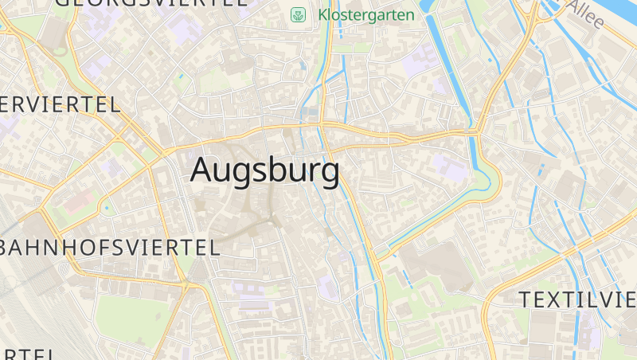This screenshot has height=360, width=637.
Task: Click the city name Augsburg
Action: [265, 170]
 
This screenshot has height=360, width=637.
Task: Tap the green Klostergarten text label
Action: [366, 14]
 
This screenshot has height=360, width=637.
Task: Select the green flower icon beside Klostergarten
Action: [299, 14]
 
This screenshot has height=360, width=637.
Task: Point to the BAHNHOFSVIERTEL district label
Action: [110, 247]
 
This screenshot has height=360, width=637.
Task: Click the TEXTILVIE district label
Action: [577, 299]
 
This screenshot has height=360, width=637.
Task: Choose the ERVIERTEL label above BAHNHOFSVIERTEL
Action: [60, 104]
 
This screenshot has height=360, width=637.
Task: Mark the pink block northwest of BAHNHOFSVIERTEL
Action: [78, 200]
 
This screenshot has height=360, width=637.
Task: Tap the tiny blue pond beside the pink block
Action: [106, 209]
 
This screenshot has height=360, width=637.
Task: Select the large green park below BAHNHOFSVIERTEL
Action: [131, 319]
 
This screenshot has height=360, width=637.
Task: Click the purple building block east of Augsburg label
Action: [448, 166]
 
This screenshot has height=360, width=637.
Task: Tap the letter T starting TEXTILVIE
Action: [526, 299]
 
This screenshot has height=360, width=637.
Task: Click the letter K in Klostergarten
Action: [323, 14]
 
